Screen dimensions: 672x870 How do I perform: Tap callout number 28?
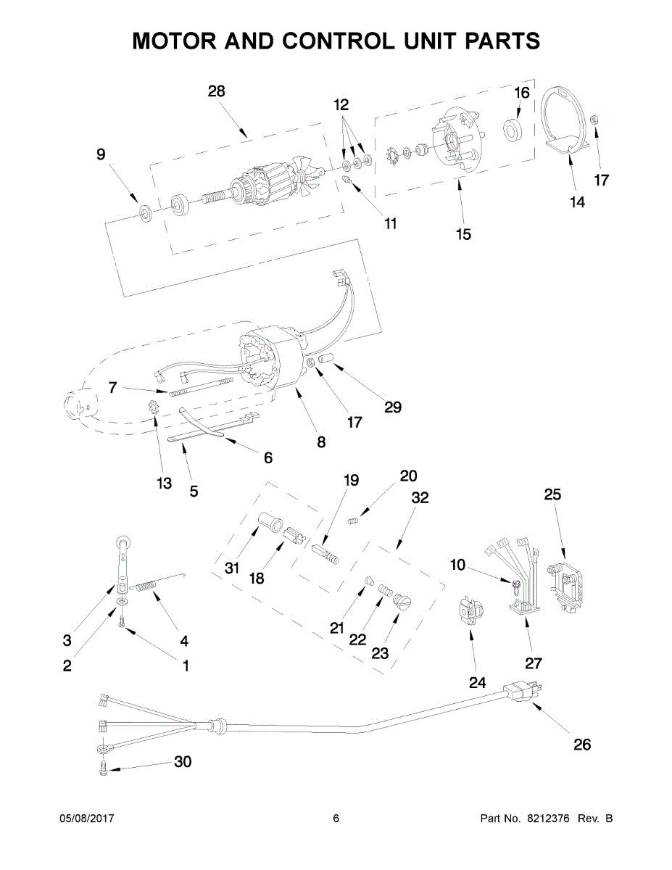pyautogui.click(x=217, y=91)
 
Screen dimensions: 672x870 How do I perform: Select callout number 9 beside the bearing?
pyautogui.click(x=101, y=154)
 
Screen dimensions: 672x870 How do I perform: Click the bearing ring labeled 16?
pyautogui.click(x=513, y=130)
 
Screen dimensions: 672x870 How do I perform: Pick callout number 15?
pyautogui.click(x=464, y=235)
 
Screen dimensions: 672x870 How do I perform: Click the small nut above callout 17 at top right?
pyautogui.click(x=594, y=120)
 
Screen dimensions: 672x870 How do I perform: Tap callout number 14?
pyautogui.click(x=577, y=202)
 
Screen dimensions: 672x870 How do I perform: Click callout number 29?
pyautogui.click(x=393, y=407)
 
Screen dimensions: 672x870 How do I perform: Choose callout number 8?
pyautogui.click(x=321, y=442)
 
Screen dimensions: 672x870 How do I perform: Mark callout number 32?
pyautogui.click(x=420, y=497)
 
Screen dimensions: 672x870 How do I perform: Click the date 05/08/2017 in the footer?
pyautogui.click(x=87, y=819)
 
